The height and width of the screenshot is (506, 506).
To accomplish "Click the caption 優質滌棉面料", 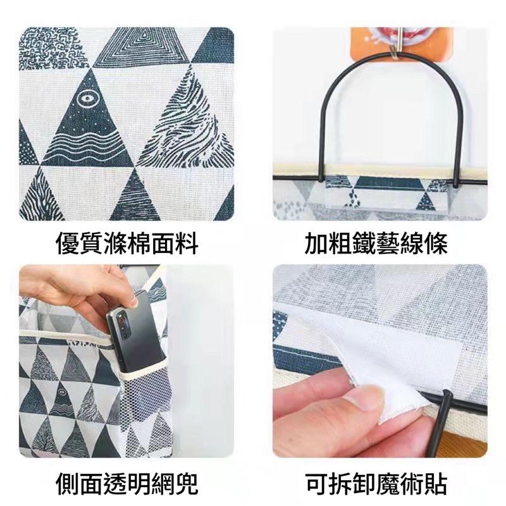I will [x=127, y=243].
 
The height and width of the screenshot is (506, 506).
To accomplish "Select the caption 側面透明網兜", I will [x=127, y=484].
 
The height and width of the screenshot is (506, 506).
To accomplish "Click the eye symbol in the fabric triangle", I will [x=85, y=99].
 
